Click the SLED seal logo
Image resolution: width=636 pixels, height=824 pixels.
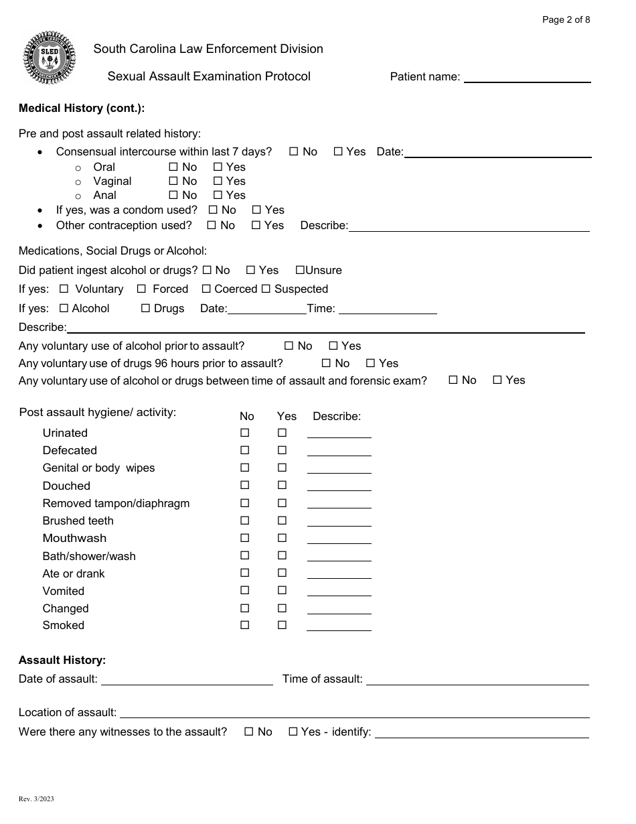(50, 58)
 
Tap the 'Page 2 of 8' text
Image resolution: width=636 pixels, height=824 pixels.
(566, 19)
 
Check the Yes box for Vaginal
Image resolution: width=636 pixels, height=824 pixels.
(218, 181)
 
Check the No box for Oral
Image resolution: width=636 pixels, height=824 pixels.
(173, 167)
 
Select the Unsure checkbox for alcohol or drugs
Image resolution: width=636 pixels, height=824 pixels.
(300, 270)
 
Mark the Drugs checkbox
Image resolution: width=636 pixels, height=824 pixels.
(145, 308)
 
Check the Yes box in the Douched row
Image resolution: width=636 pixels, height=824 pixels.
(282, 485)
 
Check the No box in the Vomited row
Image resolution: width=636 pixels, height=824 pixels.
(244, 590)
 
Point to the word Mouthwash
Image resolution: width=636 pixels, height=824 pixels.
(74, 539)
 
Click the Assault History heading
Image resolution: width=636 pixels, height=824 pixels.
(62, 660)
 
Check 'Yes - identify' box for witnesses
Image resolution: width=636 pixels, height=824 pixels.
(293, 732)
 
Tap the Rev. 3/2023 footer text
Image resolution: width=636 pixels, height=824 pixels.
(35, 800)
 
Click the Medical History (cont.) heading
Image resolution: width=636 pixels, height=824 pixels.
(82, 108)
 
